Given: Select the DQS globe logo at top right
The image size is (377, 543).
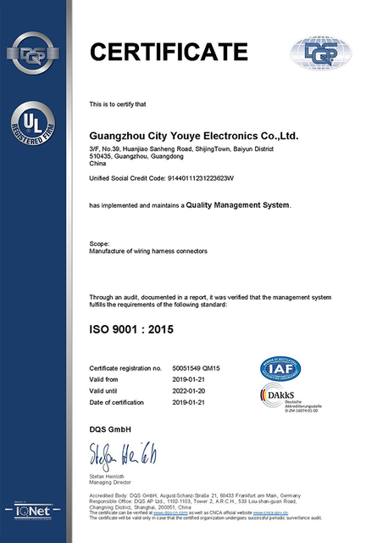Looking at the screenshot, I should [326, 52].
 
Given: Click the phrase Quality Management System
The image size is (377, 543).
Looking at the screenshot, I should [237, 205].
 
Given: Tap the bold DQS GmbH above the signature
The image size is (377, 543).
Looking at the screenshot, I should [110, 429].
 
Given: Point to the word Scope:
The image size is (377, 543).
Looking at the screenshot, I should [99, 244].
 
